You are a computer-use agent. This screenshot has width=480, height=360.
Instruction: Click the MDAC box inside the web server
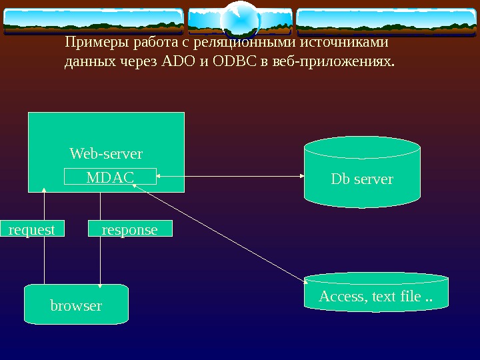pyautogui.click(x=110, y=177)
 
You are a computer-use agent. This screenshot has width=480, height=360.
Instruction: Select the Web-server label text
pyautogui.click(x=106, y=154)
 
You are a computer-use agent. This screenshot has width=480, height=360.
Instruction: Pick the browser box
pyautogui.click(x=76, y=305)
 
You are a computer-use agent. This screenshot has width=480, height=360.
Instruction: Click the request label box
pyautogui.click(x=31, y=229)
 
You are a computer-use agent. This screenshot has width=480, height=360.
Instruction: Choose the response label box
pyautogui.click(x=130, y=229)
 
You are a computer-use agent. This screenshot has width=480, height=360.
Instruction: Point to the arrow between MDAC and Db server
pyautogui.click(x=230, y=177)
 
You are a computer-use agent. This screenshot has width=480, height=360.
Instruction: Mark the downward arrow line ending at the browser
pyautogui.click(x=100, y=260)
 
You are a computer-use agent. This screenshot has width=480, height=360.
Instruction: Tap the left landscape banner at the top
pyautogui.click(x=93, y=21)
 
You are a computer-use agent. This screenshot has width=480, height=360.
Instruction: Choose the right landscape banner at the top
pyautogui.click(x=387, y=21)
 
